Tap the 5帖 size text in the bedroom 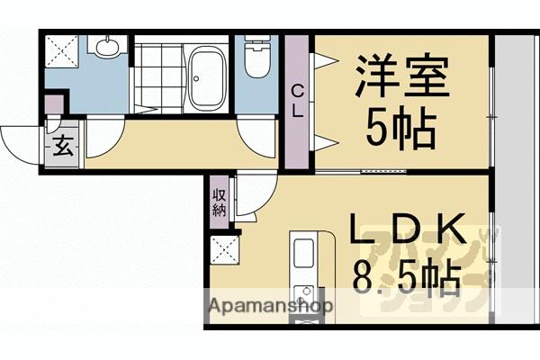[400, 129]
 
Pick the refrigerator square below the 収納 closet [221, 248]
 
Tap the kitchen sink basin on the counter [303, 252]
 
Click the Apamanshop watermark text [271, 306]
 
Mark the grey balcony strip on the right [516, 180]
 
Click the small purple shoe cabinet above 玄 [54, 105]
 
